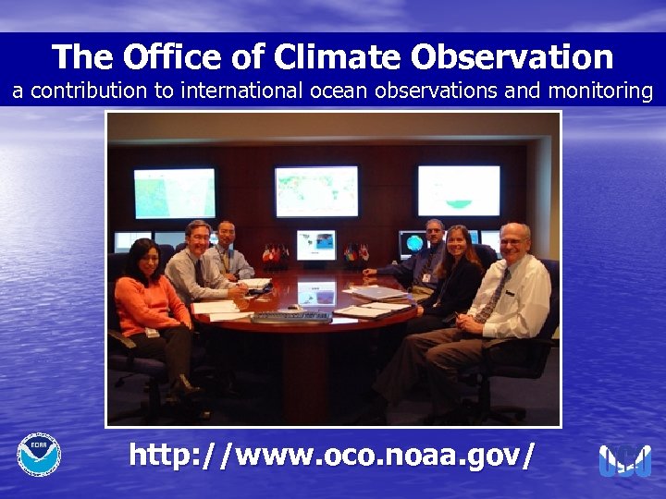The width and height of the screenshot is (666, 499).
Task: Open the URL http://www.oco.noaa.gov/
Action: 331,455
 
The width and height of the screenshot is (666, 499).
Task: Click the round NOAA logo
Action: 39,455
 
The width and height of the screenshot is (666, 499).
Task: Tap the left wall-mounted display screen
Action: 174,193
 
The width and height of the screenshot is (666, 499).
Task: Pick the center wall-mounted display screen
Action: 316,191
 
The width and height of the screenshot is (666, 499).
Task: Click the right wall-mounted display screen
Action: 458,190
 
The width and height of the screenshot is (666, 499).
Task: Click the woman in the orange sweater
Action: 151,305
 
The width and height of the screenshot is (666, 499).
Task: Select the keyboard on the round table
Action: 291,317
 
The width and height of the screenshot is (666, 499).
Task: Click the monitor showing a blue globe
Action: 413,244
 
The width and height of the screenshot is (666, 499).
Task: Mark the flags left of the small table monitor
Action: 277,252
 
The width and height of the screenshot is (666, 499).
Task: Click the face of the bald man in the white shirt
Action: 513,244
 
